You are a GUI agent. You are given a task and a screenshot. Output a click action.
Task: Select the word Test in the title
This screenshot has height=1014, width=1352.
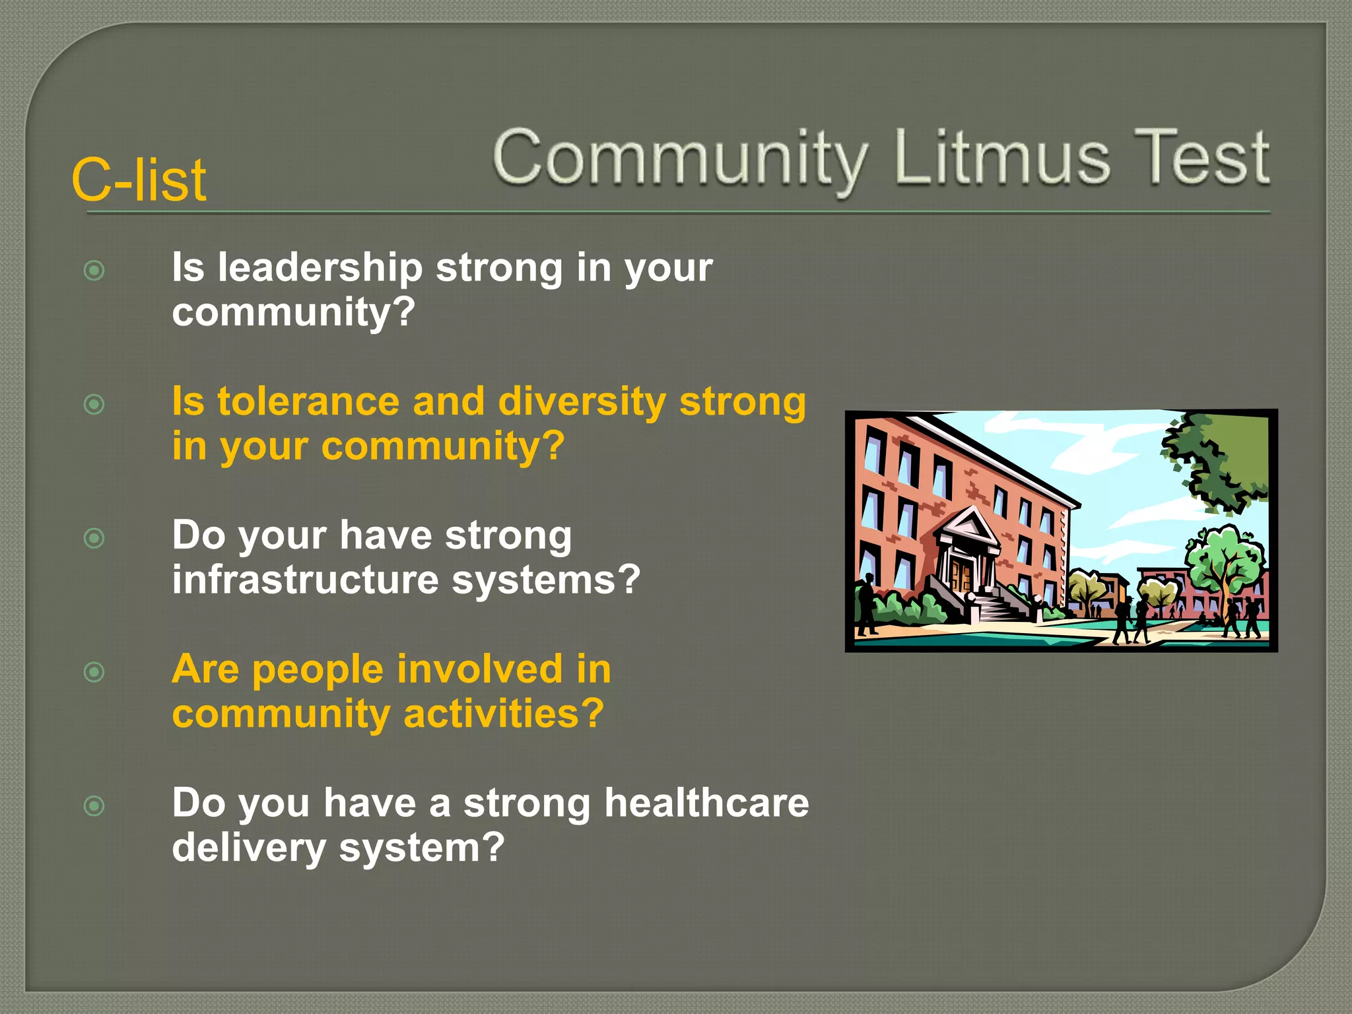tap(1201, 158)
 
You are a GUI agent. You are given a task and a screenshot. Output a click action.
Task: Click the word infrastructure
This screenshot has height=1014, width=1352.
tap(305, 580)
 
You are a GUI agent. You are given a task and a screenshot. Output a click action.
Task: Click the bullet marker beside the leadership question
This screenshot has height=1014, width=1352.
tap(94, 271)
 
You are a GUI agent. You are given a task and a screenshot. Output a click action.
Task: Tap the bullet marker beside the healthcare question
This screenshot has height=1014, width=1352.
tap(94, 806)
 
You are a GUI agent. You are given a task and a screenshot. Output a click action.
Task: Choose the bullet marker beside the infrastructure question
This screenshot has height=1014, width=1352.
tap(94, 539)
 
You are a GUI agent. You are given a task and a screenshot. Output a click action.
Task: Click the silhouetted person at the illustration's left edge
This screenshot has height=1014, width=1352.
tap(865, 604)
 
